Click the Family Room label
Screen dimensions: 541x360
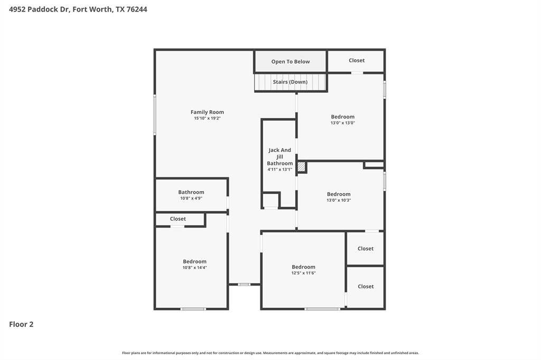coord(207,112)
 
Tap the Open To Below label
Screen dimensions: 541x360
coord(291,62)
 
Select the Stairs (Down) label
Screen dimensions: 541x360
coord(290,82)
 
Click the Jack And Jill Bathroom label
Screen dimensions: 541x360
coord(280,157)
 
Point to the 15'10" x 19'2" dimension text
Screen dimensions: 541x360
coord(207,118)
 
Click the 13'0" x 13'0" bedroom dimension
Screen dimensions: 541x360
coord(342,123)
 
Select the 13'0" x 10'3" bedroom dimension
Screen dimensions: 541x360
coord(339,201)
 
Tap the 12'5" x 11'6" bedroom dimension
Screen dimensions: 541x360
coord(304,273)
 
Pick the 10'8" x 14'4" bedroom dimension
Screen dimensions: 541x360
coord(194,268)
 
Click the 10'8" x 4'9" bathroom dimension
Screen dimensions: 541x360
coord(191,198)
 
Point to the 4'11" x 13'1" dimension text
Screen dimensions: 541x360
coord(280,169)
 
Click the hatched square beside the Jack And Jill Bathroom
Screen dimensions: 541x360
coord(301,167)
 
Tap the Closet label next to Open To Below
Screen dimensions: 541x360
coord(357,60)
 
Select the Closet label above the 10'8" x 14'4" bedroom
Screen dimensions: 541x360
coord(178,219)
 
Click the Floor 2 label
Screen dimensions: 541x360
coord(21,324)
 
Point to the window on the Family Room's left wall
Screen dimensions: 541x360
coord(155,115)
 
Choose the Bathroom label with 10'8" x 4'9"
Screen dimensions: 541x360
coord(191,192)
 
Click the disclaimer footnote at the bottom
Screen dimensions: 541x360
coord(270,353)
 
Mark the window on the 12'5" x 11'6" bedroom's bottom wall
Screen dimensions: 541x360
coord(322,309)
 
